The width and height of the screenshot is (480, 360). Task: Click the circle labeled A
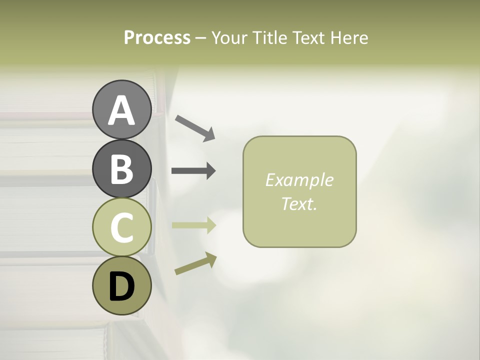pos(121,109)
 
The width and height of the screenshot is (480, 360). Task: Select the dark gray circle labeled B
pos(121,168)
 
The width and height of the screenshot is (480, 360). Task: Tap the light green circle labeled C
pos(121,227)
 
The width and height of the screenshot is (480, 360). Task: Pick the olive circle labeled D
pos(121,285)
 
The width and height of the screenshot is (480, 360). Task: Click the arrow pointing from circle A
pos(195,127)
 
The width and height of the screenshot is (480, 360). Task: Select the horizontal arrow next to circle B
pos(193,170)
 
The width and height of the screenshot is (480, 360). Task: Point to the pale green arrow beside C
pos(193,225)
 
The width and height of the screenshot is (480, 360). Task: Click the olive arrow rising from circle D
pos(195,263)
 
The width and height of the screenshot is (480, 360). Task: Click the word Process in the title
pos(157,38)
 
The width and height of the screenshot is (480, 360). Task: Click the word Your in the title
pos(228,38)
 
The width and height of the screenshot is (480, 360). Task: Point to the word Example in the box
pos(299,180)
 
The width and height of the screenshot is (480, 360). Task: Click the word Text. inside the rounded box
pos(299,204)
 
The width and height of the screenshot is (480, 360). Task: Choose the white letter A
pos(121,110)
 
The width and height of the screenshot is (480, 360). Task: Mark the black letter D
pos(121,286)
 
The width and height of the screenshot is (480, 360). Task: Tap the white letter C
pos(121,227)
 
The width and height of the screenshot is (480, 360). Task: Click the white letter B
pos(121,169)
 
